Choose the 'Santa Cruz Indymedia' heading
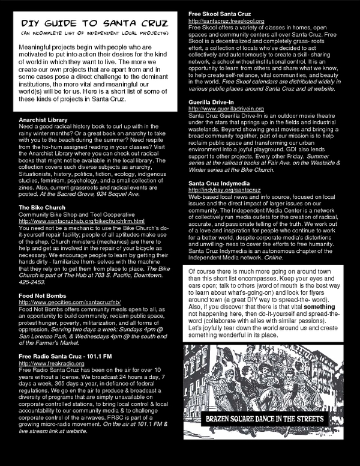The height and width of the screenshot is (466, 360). (219, 182)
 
